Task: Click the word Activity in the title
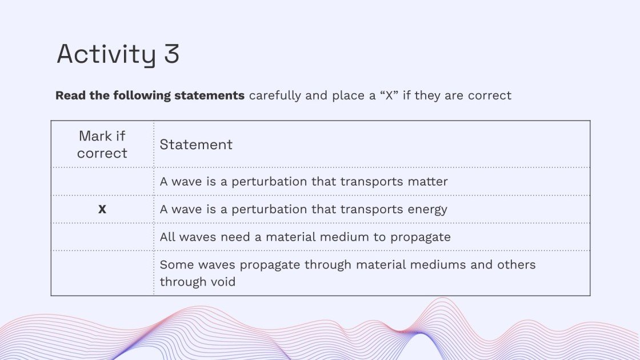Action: [x=106, y=55]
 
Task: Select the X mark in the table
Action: [x=102, y=210]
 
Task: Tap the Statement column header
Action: [x=196, y=145]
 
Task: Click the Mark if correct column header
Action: [x=102, y=145]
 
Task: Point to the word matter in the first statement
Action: [x=429, y=182]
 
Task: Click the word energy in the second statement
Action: [x=428, y=209]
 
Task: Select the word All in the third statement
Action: [x=168, y=237]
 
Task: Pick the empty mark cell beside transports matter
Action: [x=102, y=182]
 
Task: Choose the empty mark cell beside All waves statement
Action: [x=102, y=237]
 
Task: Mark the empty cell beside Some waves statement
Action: [x=102, y=273]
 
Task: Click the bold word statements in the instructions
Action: [x=210, y=95]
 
